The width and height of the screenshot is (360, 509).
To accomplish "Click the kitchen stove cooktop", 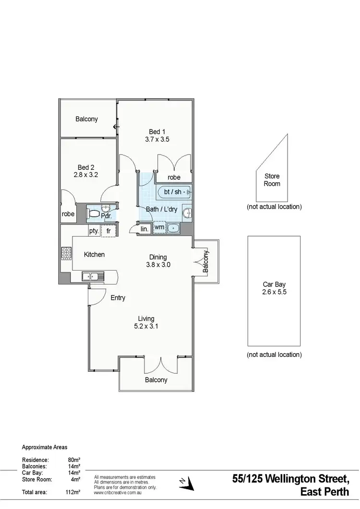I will tap(66, 253).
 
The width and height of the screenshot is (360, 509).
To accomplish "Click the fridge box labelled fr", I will tap(109, 231).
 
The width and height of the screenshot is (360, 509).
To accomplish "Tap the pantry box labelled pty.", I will tap(94, 231).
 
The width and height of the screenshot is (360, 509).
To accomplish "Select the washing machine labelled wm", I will tap(159, 227).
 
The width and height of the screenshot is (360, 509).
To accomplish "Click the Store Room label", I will tap(272, 180).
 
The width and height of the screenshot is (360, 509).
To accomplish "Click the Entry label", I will tap(118, 298).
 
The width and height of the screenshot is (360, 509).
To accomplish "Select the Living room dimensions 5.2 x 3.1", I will tap(146, 326).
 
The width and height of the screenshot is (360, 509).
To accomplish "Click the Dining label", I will tap(158, 257).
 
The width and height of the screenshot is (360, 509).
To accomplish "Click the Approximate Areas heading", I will tap(45, 447).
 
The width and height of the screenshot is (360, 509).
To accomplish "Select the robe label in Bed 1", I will tap(174, 178).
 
